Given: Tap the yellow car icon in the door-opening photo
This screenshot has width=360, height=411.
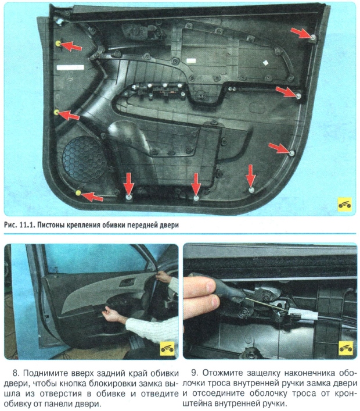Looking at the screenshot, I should tap(165, 347).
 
